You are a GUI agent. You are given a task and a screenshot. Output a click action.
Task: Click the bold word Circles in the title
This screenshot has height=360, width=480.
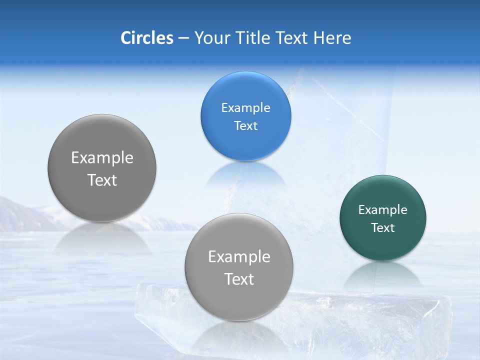[146, 38]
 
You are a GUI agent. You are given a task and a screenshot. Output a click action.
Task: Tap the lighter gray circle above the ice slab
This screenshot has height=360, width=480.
[239, 300]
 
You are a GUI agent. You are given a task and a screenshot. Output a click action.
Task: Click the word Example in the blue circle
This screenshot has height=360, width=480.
[245, 108]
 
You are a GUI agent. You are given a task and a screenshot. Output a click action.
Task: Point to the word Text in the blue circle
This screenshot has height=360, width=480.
[245, 126]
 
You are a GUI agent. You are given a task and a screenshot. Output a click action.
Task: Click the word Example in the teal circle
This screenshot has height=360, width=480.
[382, 210]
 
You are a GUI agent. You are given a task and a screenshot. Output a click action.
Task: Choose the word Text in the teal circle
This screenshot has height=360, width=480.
[382, 228]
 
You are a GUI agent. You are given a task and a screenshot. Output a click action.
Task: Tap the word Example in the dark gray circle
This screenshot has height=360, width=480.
[102, 158]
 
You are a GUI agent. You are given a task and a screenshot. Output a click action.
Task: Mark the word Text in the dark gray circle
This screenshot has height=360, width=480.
[102, 180]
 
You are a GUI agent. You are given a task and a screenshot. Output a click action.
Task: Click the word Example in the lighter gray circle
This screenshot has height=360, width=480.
[239, 257]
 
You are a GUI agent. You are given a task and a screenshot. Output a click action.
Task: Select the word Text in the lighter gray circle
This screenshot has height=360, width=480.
[239, 279]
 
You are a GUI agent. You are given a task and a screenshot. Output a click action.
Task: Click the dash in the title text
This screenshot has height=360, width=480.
[183, 38]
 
